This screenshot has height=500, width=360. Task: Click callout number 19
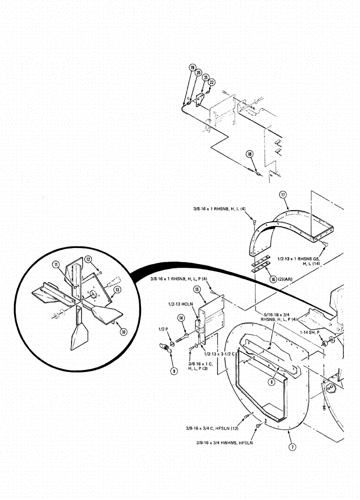click(192, 68)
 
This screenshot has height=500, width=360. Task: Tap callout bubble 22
click(211, 82)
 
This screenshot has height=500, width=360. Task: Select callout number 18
click(249, 155)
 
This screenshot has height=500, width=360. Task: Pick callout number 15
click(197, 289)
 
